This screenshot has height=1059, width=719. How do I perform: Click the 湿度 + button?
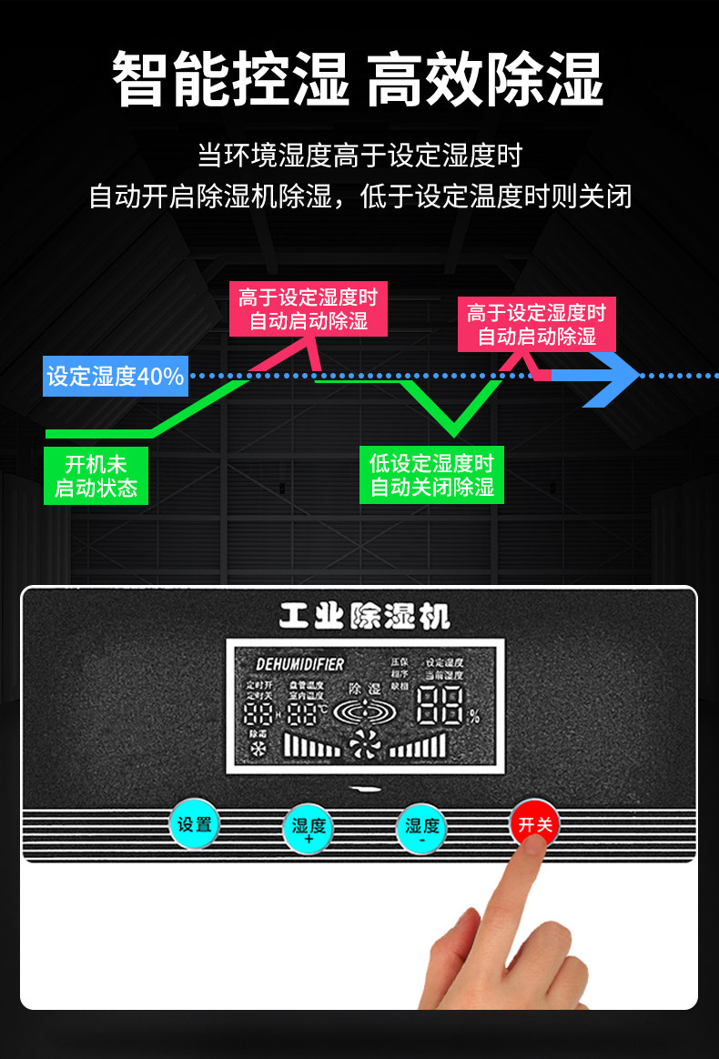[x=309, y=829]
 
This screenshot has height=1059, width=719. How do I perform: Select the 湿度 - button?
[x=421, y=829]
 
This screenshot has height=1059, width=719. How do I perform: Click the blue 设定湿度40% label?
[x=116, y=377]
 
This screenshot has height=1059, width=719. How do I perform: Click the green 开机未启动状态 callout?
[x=96, y=476]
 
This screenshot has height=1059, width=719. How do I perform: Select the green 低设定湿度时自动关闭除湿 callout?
[x=431, y=475]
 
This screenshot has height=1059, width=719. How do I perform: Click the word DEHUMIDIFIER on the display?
[x=299, y=664]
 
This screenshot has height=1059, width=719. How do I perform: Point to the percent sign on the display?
[x=473, y=716]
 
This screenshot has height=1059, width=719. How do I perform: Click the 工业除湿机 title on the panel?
[x=364, y=618]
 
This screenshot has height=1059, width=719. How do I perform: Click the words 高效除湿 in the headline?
[x=485, y=79]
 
